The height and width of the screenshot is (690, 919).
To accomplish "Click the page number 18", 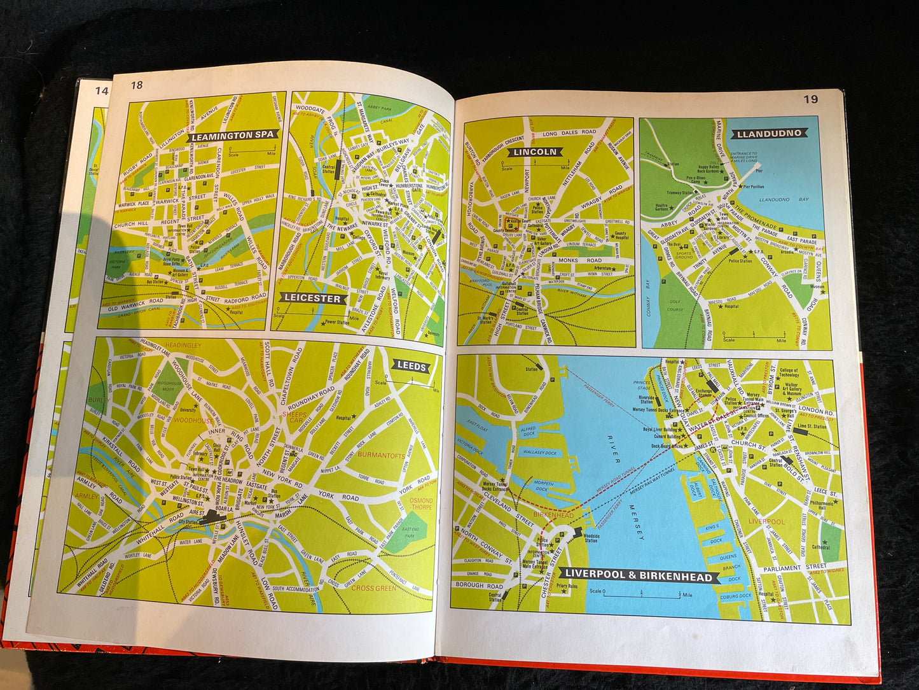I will pos(137,85).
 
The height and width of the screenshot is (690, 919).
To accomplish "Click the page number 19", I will pos(810,99).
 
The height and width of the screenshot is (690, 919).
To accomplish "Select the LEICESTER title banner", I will pos(312,298).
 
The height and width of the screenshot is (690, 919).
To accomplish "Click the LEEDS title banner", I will pos(410,366).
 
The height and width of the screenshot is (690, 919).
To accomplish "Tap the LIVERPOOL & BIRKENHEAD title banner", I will pos(640,577).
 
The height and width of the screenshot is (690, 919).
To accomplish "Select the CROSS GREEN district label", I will pos(373,589).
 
